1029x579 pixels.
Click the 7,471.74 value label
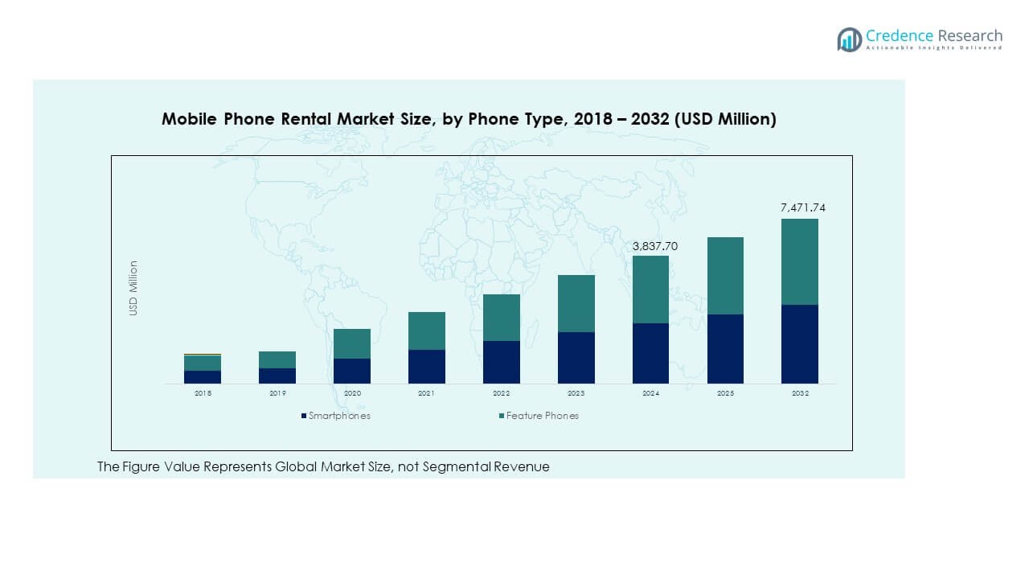pyautogui.click(x=802, y=208)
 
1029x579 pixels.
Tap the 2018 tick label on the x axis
pyautogui.click(x=202, y=393)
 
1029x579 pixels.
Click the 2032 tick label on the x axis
pyautogui.click(x=800, y=393)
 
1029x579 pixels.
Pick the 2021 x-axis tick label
pyautogui.click(x=426, y=393)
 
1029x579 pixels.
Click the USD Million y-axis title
pyautogui.click(x=134, y=288)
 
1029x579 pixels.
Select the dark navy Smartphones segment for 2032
pyautogui.click(x=800, y=344)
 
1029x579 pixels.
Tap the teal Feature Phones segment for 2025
pyautogui.click(x=725, y=275)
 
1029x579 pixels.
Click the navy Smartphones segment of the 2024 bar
pyautogui.click(x=650, y=353)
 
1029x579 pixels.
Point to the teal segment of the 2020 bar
pyautogui.click(x=351, y=343)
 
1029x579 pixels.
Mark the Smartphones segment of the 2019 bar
pyautogui.click(x=277, y=376)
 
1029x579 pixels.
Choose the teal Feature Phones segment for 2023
pyautogui.click(x=576, y=303)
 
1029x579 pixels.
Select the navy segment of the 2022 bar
pyautogui.click(x=501, y=362)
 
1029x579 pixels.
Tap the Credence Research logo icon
pyautogui.click(x=849, y=39)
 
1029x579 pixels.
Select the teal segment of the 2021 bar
pyautogui.click(x=426, y=331)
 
